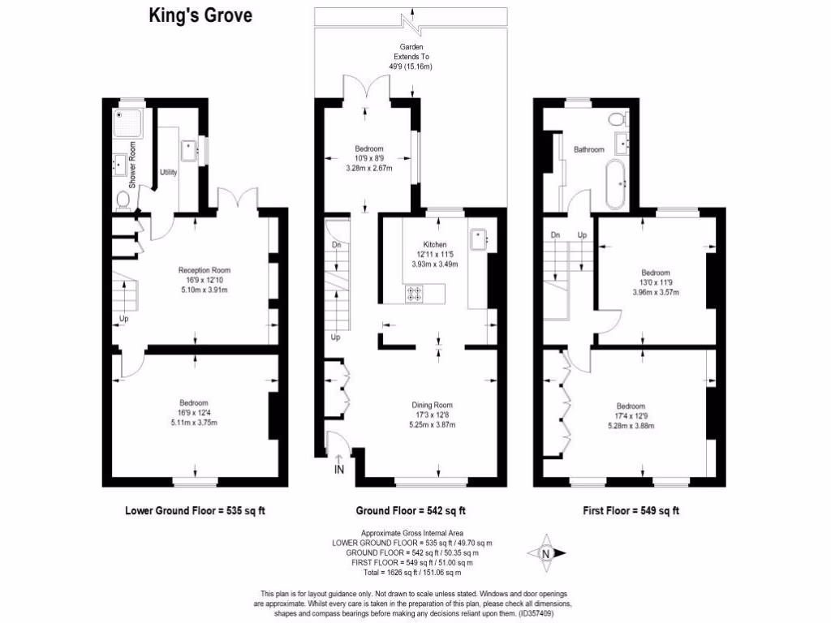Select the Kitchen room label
click(435, 244)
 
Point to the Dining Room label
click(431, 405)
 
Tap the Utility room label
click(169, 173)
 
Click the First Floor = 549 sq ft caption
click(631, 511)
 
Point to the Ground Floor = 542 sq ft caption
click(411, 511)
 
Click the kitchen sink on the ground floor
click(478, 238)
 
